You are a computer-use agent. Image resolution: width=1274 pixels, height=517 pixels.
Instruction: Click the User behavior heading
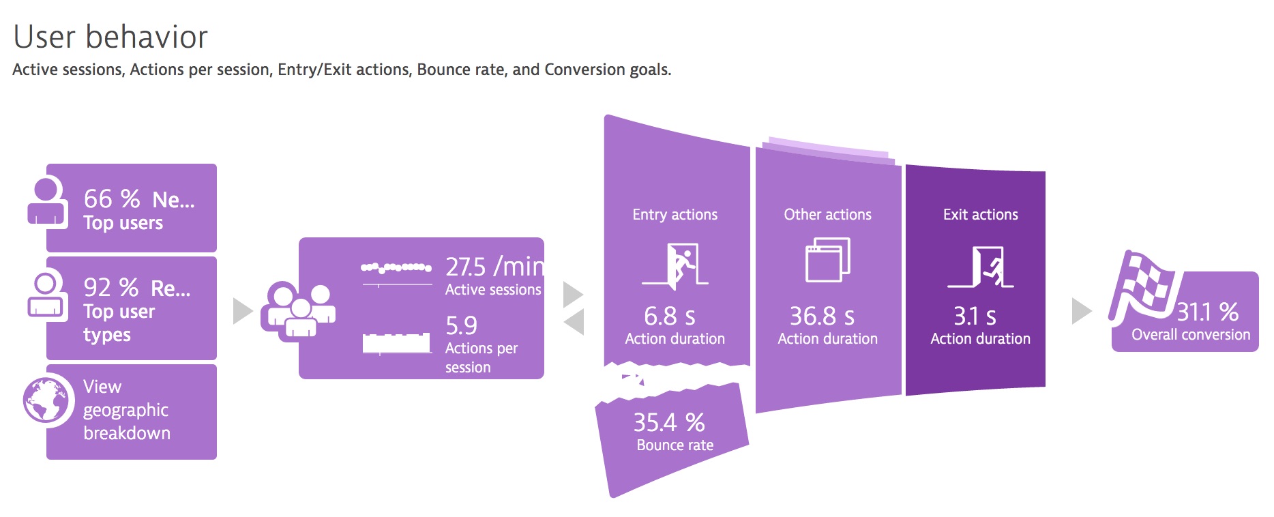point(110,37)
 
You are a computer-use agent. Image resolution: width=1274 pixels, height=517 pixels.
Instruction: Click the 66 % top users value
point(112,199)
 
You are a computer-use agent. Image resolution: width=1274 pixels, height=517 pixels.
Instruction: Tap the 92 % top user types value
point(111,288)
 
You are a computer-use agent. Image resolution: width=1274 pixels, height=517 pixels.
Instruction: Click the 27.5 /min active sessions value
point(494,267)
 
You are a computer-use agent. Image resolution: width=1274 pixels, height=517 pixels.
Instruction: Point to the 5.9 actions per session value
point(462,326)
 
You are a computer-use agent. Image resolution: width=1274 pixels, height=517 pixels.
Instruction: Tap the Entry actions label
point(675,215)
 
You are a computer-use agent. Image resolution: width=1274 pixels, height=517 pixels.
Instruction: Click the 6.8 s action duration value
point(670,316)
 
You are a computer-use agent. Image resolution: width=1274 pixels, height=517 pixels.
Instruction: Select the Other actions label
point(828,215)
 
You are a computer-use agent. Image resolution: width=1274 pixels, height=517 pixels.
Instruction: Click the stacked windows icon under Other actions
point(828,260)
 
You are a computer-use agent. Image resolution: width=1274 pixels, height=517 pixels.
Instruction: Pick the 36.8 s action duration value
point(822,316)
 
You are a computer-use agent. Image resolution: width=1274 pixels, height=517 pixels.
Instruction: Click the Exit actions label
point(981,215)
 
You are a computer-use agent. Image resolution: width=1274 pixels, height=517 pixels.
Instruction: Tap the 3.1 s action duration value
point(975,316)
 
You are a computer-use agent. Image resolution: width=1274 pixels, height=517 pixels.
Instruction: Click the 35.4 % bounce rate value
point(669,423)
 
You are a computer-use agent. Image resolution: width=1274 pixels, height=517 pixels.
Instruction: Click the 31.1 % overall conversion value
point(1208,312)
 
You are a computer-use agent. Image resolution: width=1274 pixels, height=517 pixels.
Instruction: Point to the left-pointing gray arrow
point(574,322)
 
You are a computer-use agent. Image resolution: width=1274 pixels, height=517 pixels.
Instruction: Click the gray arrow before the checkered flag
point(1082,311)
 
